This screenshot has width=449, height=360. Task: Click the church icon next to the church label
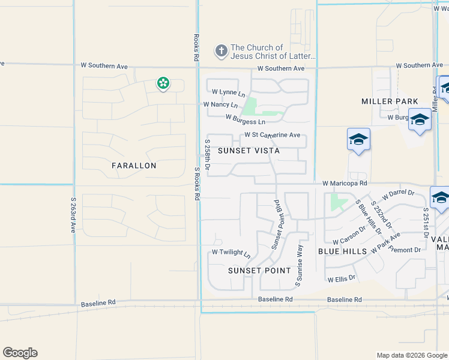[221, 51]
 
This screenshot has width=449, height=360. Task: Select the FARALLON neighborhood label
[134, 166]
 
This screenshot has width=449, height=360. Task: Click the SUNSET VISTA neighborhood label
[249, 151]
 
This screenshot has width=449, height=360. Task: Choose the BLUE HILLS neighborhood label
[342, 251]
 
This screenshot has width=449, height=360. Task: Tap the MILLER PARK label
[390, 101]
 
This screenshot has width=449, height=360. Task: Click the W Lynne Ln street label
[229, 92]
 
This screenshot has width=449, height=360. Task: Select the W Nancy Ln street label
[220, 104]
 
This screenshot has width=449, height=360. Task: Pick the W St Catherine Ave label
[272, 136]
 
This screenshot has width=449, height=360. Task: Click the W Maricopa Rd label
[344, 182]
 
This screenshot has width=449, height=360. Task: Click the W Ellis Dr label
[342, 279]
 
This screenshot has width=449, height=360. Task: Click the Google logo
[20, 353]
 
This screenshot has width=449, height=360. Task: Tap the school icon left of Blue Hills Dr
[358, 140]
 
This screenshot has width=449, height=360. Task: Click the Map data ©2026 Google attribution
[411, 355]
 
